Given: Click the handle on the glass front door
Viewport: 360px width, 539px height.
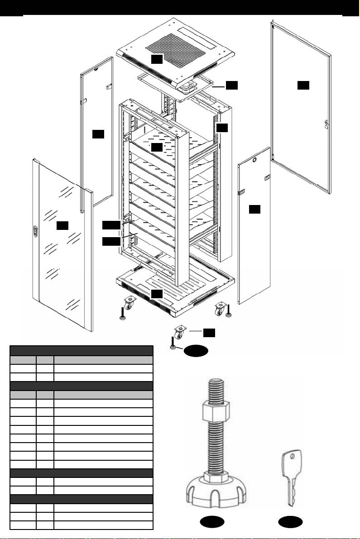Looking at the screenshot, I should (x=35, y=231).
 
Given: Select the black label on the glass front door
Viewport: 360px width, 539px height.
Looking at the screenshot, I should (x=62, y=224).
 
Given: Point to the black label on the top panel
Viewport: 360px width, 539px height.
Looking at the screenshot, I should (x=156, y=59).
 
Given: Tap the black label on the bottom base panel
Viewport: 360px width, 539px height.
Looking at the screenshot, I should (x=156, y=294).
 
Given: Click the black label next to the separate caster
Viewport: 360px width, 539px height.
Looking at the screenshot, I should (x=208, y=333).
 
